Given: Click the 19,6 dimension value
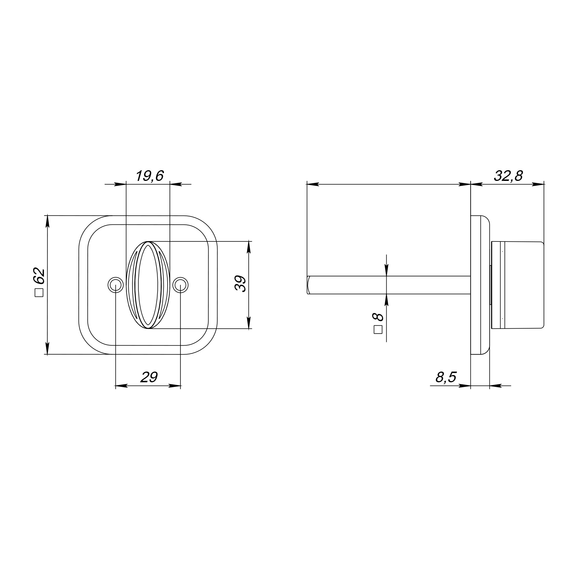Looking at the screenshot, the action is pos(150,176).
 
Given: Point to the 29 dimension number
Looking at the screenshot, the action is pos(149,377).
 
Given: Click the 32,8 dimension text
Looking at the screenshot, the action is pos(508,176).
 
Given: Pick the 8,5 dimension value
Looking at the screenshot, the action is pos(446,377).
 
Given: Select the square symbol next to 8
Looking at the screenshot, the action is pos(378,329).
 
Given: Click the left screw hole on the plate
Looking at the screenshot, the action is pos(116,285).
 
